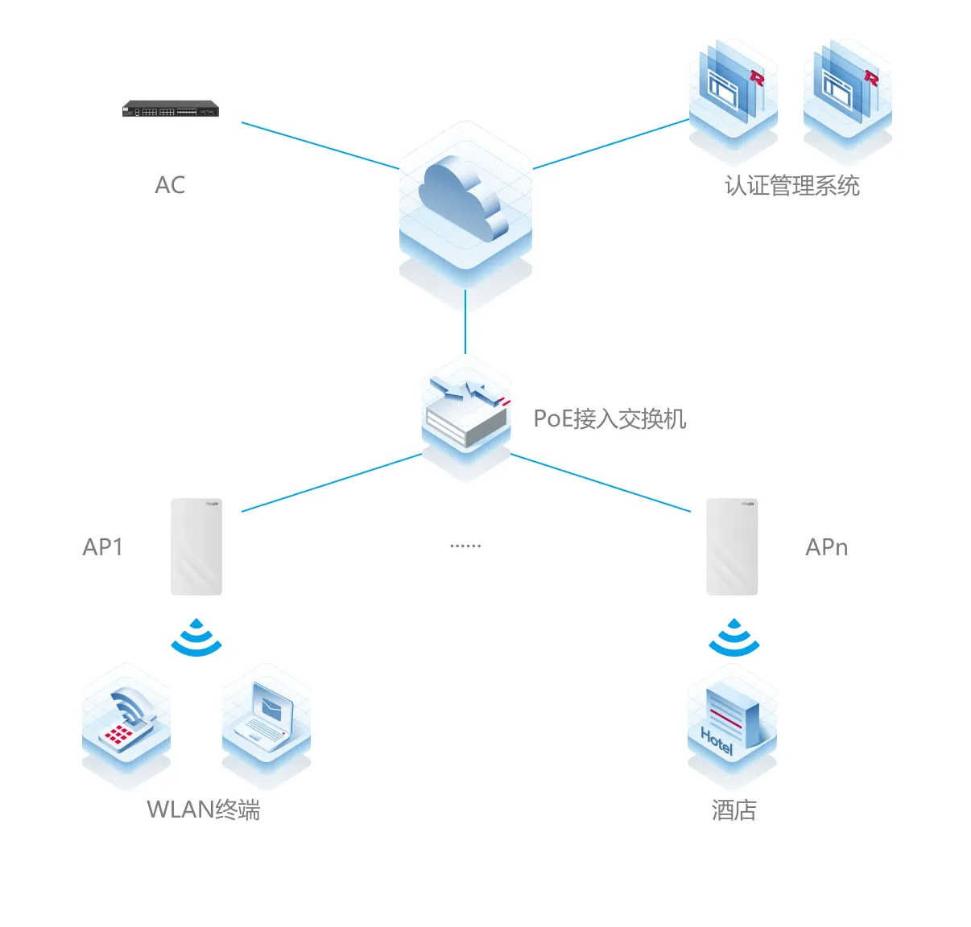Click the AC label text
(x=170, y=185)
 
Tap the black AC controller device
(x=171, y=109)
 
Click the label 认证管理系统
(x=792, y=186)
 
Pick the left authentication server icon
(x=733, y=100)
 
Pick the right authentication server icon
(x=847, y=100)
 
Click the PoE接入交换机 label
(x=609, y=418)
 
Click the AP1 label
(x=103, y=547)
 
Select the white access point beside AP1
(x=196, y=546)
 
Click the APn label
(x=826, y=547)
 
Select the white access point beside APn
(x=732, y=546)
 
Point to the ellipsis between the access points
(x=465, y=546)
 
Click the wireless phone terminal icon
(x=126, y=726)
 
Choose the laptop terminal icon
(x=266, y=726)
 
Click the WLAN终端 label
(x=204, y=810)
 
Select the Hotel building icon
(x=732, y=726)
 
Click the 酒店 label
(x=733, y=810)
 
